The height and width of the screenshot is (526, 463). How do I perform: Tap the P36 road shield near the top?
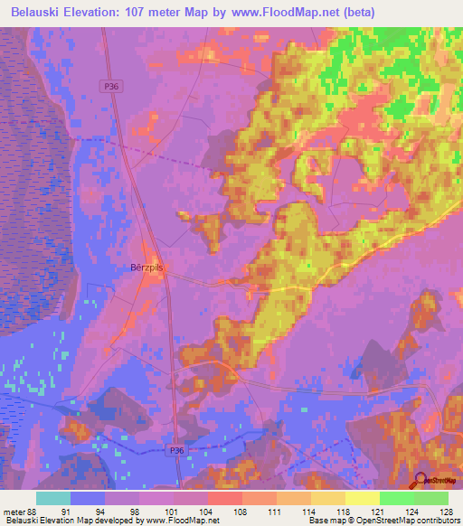pos(109,85)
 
